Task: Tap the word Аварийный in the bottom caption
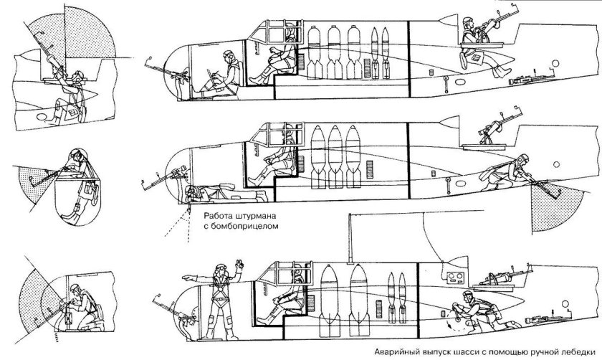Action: pyautogui.click(x=382, y=352)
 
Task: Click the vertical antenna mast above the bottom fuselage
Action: pyautogui.click(x=348, y=240)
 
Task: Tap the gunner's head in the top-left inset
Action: pyautogui.click(x=80, y=74)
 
